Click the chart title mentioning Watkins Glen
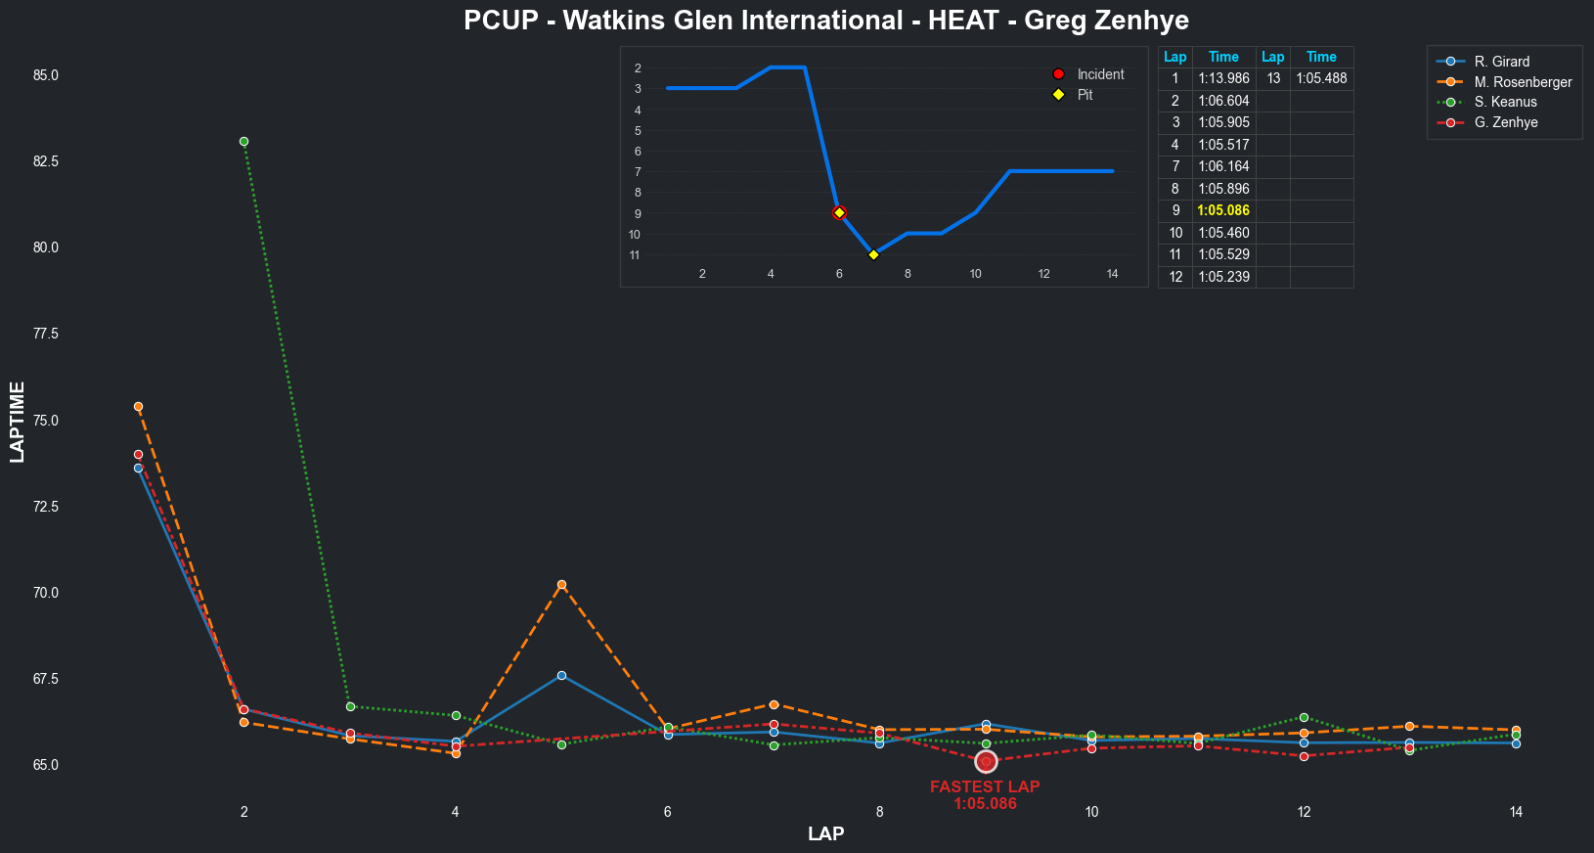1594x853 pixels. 825,21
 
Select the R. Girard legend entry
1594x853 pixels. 1501,62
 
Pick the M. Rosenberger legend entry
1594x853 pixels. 1523,82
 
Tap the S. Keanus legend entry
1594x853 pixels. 1505,102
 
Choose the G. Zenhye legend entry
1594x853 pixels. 1506,122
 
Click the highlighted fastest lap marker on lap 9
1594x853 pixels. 986,761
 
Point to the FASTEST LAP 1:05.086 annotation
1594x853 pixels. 985,794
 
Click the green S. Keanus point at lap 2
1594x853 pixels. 244,141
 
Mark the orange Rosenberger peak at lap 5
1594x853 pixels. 561,585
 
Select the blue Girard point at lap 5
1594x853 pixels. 561,675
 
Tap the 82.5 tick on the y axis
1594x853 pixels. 46,161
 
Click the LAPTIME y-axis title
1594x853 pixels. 18,422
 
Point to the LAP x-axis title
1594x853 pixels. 825,833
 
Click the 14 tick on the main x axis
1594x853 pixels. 1516,812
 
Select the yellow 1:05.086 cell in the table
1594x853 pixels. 1223,210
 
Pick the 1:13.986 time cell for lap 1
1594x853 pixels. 1223,78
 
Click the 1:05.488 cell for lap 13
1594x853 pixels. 1321,78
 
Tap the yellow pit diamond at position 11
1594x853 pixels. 873,254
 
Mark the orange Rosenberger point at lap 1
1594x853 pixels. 138,406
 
